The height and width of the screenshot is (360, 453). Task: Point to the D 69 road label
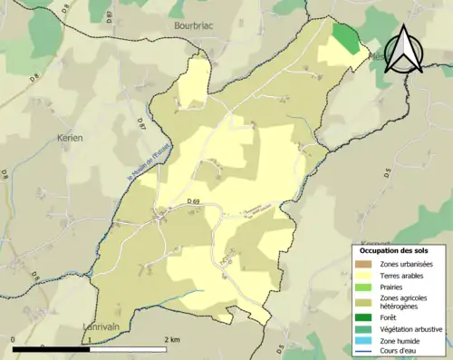click(x=193, y=200)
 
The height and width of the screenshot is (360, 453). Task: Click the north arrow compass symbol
click(x=405, y=49)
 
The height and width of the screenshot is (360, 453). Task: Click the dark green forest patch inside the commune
click(x=345, y=38)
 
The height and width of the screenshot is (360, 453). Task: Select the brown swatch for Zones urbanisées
click(x=362, y=264)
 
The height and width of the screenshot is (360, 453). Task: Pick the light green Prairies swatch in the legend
click(x=362, y=289)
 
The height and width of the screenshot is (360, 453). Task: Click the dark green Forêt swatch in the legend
click(x=362, y=316)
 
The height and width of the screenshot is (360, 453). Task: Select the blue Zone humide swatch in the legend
click(x=362, y=342)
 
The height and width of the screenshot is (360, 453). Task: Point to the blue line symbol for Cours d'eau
click(x=362, y=354)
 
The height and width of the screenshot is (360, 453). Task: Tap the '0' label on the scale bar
click(x=14, y=339)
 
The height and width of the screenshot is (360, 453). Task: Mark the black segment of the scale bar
click(x=51, y=349)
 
